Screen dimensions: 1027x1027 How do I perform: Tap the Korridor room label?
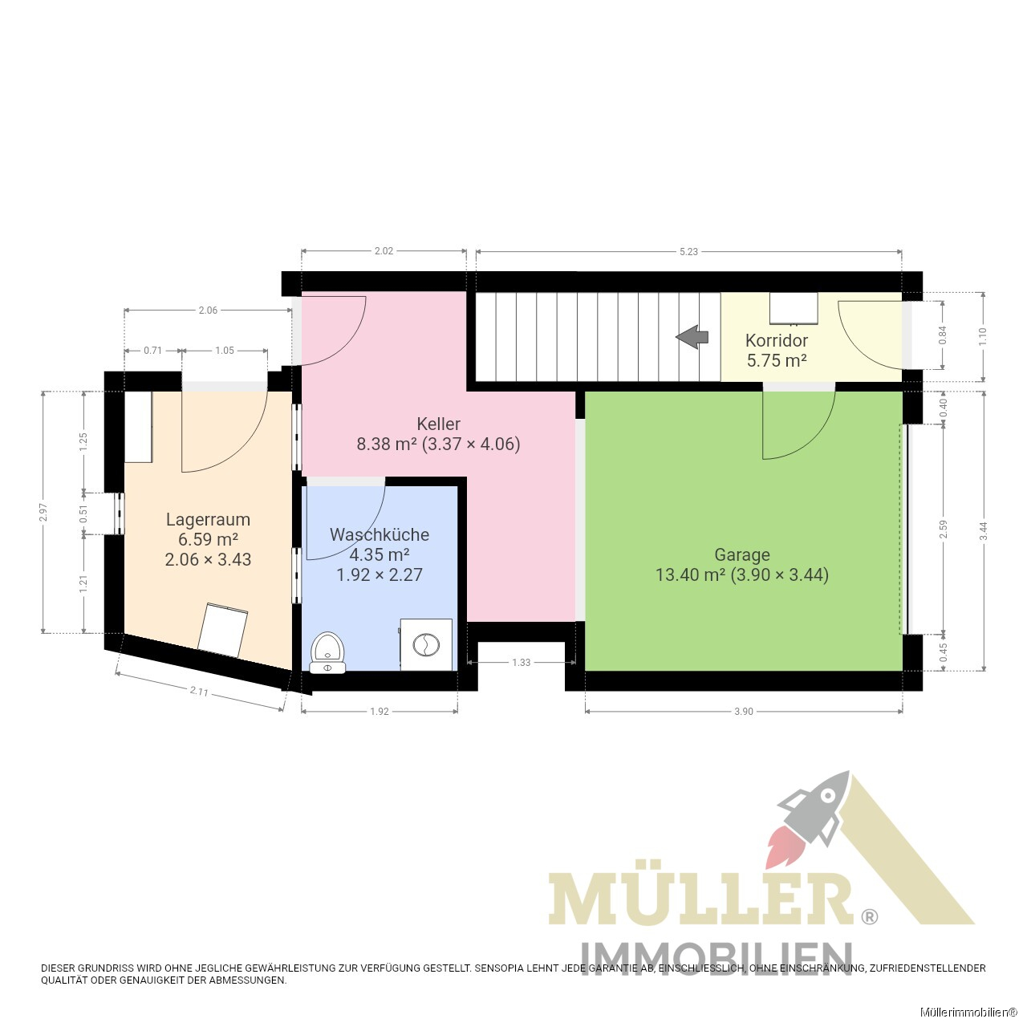coord(777,340)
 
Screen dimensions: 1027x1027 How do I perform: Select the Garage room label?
coord(742,554)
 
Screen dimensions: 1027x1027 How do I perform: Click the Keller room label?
coord(438,424)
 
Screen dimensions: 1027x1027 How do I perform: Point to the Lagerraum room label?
coord(208,519)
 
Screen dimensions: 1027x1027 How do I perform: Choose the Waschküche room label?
coord(380,534)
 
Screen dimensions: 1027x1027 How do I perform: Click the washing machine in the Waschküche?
coord(426,644)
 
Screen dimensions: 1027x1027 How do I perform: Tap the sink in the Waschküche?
coord(328,653)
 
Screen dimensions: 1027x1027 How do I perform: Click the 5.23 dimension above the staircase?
coord(688,252)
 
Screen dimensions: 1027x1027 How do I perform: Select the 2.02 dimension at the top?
coord(384,251)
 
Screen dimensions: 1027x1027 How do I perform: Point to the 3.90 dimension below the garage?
coord(744,712)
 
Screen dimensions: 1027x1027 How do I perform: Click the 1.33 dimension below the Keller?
coord(522,663)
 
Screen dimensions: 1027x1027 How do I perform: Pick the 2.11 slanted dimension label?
coord(199,692)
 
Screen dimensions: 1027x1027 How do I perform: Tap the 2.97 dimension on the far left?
coord(43,512)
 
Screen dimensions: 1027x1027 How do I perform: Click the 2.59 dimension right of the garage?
coord(944,529)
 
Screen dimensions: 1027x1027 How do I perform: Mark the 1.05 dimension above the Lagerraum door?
coord(225,350)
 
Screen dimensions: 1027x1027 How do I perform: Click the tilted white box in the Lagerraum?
coord(223,630)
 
